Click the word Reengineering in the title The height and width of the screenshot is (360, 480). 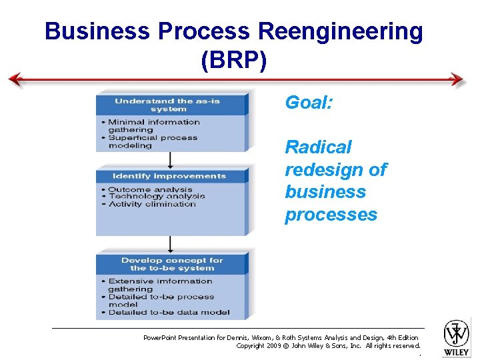coord(339,31)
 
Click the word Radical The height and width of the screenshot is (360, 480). coord(318,147)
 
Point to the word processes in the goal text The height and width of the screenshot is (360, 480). coord(331,215)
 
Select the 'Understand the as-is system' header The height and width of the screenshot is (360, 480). coord(167,105)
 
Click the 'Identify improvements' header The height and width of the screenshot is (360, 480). coord(169,176)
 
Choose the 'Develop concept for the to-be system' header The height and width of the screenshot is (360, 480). coord(171,264)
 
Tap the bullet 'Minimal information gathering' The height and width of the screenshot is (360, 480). coord(153,126)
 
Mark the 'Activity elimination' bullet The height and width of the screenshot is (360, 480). coord(151,204)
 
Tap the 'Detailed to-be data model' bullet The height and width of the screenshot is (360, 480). coord(169,312)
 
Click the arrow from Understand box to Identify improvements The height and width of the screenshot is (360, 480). coord(170,160)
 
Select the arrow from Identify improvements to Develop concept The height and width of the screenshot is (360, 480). coord(170,243)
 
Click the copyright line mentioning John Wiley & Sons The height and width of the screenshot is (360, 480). coord(328,346)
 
